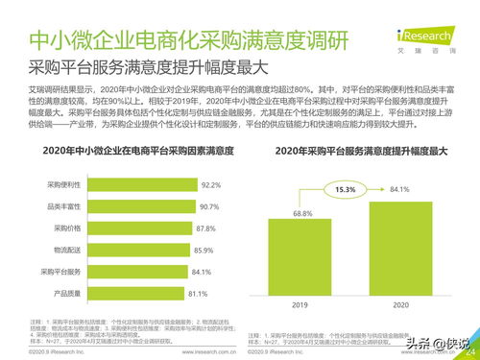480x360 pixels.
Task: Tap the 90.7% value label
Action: pyautogui.click(x=209, y=206)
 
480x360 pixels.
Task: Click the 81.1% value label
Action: pyautogui.click(x=199, y=293)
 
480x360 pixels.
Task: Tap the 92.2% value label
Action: pyautogui.click(x=212, y=184)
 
